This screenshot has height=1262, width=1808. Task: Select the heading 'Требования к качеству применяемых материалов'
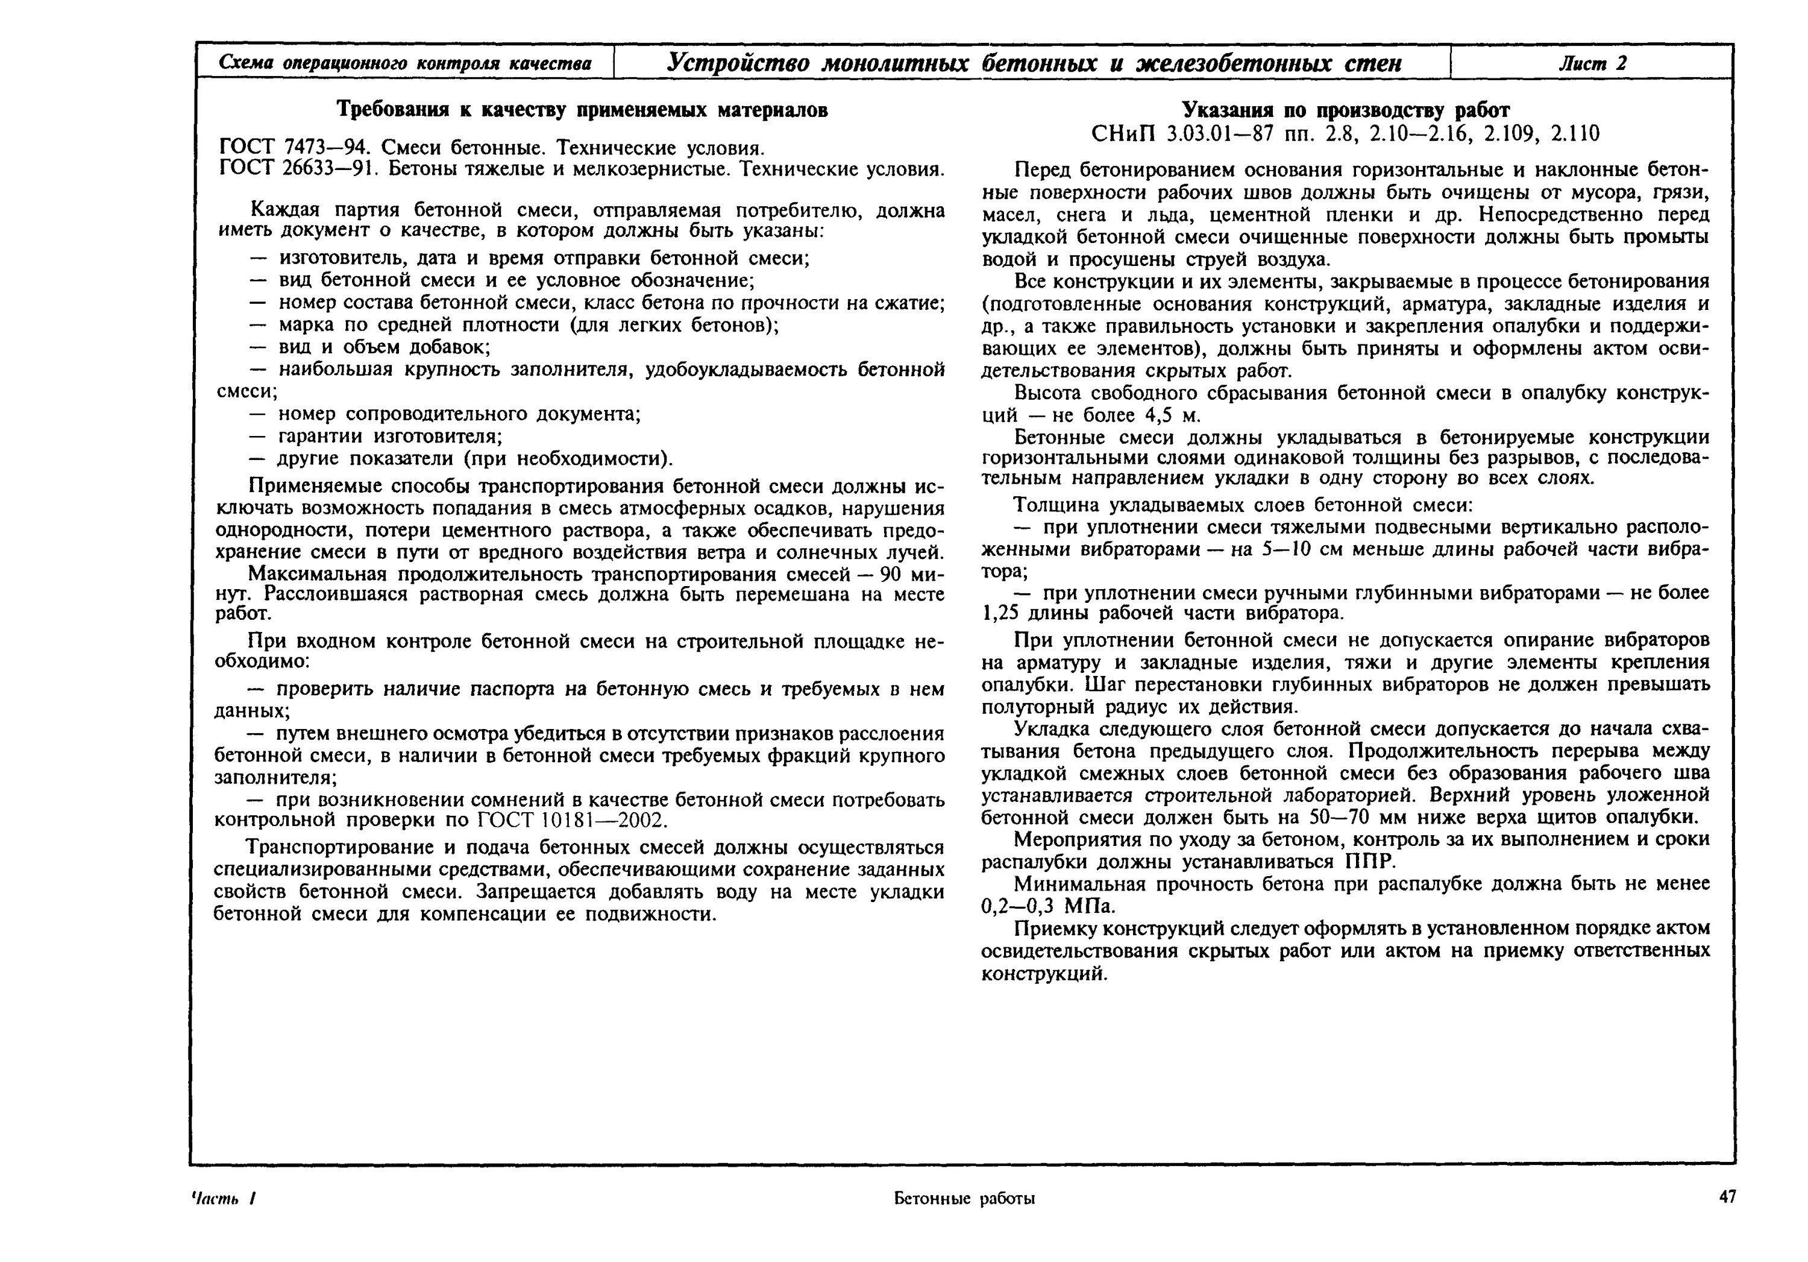pyautogui.click(x=582, y=110)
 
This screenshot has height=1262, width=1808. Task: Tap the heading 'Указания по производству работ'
pyautogui.click(x=1346, y=110)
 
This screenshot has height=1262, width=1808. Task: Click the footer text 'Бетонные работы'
pyautogui.click(x=964, y=1198)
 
